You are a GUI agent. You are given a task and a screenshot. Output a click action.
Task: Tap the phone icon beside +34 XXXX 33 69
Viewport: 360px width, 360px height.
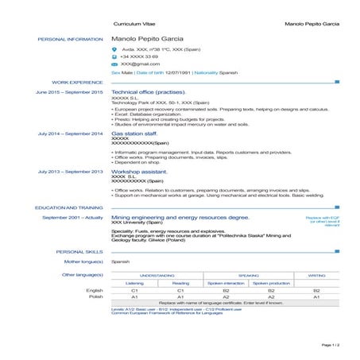(114, 56)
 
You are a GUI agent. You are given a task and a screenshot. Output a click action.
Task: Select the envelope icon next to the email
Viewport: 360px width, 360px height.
(114, 64)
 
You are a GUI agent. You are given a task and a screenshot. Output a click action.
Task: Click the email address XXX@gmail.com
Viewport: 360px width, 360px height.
(135, 64)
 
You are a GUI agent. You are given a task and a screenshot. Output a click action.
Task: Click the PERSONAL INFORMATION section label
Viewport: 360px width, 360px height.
(70, 38)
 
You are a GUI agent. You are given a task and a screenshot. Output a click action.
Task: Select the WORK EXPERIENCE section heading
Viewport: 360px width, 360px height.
(77, 82)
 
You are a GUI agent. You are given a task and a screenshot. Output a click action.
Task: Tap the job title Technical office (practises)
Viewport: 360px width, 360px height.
(149, 92)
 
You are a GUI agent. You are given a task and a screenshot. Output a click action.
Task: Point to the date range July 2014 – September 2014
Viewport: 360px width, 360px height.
(70, 134)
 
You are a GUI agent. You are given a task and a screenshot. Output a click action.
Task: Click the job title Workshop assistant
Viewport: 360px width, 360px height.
(140, 171)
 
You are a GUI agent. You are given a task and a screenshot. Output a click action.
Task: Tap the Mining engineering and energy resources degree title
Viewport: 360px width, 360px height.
(180, 217)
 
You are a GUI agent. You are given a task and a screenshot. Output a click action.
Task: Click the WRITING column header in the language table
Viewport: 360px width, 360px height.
(316, 274)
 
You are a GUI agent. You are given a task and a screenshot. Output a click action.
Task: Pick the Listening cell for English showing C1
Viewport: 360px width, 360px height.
(134, 291)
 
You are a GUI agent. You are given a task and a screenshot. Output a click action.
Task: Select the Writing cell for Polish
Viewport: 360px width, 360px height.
(316, 297)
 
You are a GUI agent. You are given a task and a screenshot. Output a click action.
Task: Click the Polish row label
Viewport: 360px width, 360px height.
(95, 297)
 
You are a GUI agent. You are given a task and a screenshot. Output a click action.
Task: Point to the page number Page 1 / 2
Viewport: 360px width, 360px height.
(330, 346)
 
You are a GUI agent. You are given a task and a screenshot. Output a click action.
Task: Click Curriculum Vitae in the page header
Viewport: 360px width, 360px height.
(132, 24)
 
